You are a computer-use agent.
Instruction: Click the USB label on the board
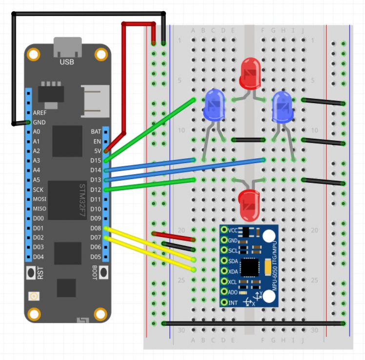pyautogui.click(x=67, y=62)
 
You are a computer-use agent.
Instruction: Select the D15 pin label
pyautogui.click(x=96, y=160)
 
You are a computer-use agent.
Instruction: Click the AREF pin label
pyautogui.click(x=40, y=112)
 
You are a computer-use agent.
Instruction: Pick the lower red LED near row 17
pyautogui.click(x=248, y=203)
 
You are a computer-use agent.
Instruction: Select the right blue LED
pyautogui.click(x=282, y=106)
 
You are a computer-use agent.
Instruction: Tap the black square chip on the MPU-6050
pyautogui.click(x=250, y=267)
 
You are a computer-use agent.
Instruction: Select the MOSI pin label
pyautogui.click(x=40, y=199)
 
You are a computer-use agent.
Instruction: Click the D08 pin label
pyautogui.click(x=96, y=228)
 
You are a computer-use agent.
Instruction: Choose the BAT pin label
pyautogui.click(x=96, y=131)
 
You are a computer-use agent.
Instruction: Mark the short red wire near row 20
pyautogui.click(x=174, y=237)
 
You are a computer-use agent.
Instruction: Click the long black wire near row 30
pyautogui.click(x=254, y=323)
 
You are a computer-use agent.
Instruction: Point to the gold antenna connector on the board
pyautogui.click(x=34, y=296)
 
